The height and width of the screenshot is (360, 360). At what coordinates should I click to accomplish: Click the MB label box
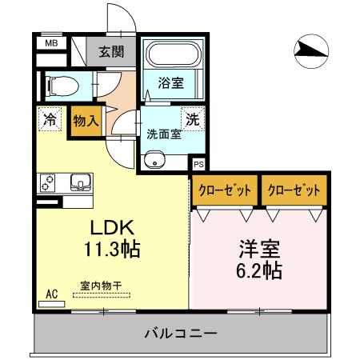tap(50, 45)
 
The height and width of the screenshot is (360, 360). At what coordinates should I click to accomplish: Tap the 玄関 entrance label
tap(111, 53)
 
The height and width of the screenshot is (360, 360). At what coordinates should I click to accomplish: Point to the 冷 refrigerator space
tap(50, 121)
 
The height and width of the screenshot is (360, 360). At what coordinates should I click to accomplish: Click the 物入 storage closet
tap(85, 121)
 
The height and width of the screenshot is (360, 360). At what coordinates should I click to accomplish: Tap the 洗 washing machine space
tap(193, 120)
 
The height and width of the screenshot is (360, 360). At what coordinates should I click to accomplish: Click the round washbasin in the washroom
tap(153, 161)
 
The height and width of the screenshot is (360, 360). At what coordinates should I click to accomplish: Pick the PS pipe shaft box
tap(198, 165)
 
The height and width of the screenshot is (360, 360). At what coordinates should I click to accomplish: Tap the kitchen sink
tap(80, 182)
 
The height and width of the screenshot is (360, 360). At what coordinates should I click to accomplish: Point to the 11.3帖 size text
tap(112, 250)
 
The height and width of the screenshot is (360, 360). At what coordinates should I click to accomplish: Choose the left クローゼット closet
tap(225, 190)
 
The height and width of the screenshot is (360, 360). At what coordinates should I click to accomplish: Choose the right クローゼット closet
tap(294, 190)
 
